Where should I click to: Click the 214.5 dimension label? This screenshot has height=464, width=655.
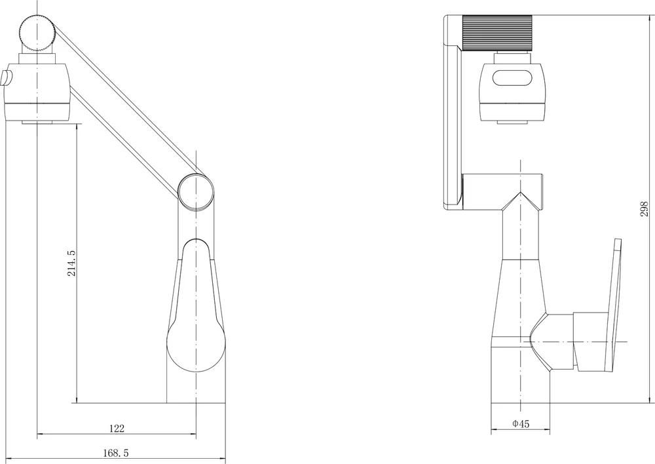tap(71, 263)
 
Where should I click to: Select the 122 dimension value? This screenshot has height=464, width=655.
tap(117, 429)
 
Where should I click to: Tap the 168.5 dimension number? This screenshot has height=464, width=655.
tap(116, 453)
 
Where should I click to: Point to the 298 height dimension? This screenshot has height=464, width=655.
tap(644, 209)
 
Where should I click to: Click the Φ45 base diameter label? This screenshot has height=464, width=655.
tap(521, 424)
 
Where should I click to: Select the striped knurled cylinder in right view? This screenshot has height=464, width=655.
tap(497, 33)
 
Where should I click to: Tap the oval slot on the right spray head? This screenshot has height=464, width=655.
tap(513, 78)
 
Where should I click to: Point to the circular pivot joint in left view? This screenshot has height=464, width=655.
tap(195, 191)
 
